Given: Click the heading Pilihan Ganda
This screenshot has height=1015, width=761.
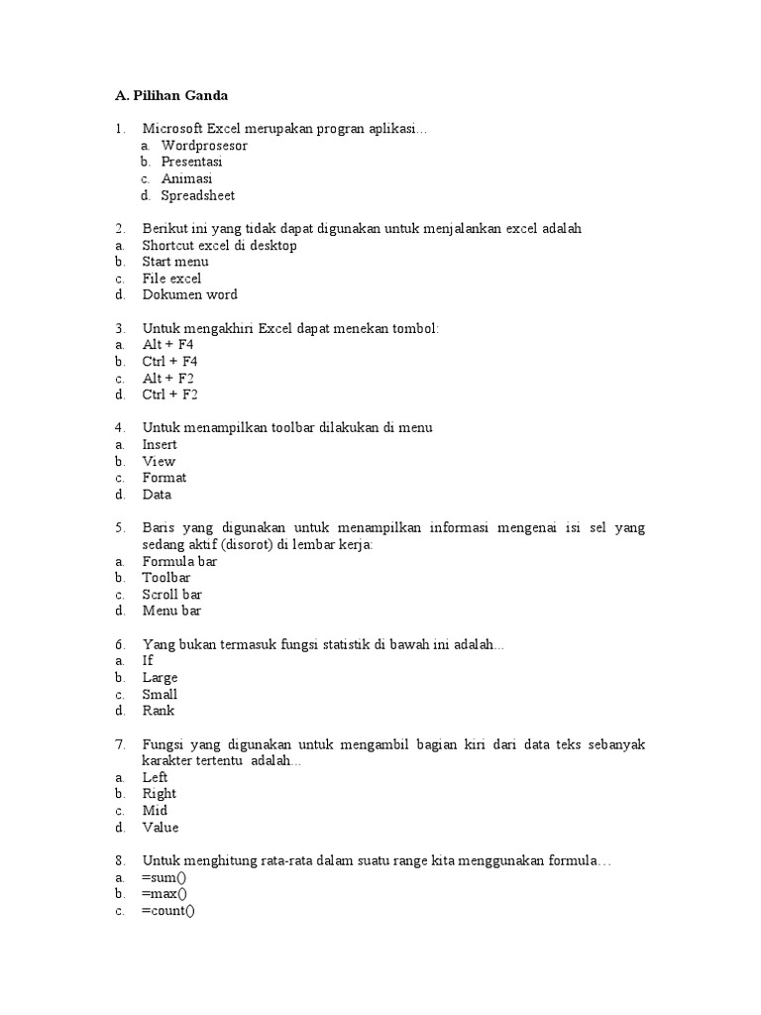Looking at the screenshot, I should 171,95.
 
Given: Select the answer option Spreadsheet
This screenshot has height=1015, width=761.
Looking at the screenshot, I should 198,195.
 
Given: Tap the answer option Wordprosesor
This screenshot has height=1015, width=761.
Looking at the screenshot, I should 204,146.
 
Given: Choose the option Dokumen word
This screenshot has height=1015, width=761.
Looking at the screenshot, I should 189,294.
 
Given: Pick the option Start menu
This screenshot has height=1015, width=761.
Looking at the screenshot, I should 175,262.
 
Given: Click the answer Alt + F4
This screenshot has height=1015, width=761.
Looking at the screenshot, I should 168,344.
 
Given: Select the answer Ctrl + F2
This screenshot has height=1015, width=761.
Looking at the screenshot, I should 169,395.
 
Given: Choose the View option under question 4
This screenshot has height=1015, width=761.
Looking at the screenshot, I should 159,461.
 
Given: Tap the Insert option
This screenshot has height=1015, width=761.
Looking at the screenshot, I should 160,444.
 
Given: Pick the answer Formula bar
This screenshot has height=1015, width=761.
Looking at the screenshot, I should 179,561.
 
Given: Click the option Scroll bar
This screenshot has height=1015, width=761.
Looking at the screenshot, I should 172,595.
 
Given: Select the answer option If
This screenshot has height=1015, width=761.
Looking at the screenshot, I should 148,660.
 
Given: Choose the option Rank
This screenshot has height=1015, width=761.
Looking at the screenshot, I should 159,711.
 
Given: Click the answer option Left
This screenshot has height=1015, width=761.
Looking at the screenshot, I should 156,777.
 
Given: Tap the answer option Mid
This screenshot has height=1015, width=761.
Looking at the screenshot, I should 155,811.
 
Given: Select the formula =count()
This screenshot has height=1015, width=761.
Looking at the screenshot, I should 168,912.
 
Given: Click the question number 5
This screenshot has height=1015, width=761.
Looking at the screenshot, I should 119,528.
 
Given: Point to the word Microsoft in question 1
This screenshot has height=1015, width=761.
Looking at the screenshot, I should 172,129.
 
